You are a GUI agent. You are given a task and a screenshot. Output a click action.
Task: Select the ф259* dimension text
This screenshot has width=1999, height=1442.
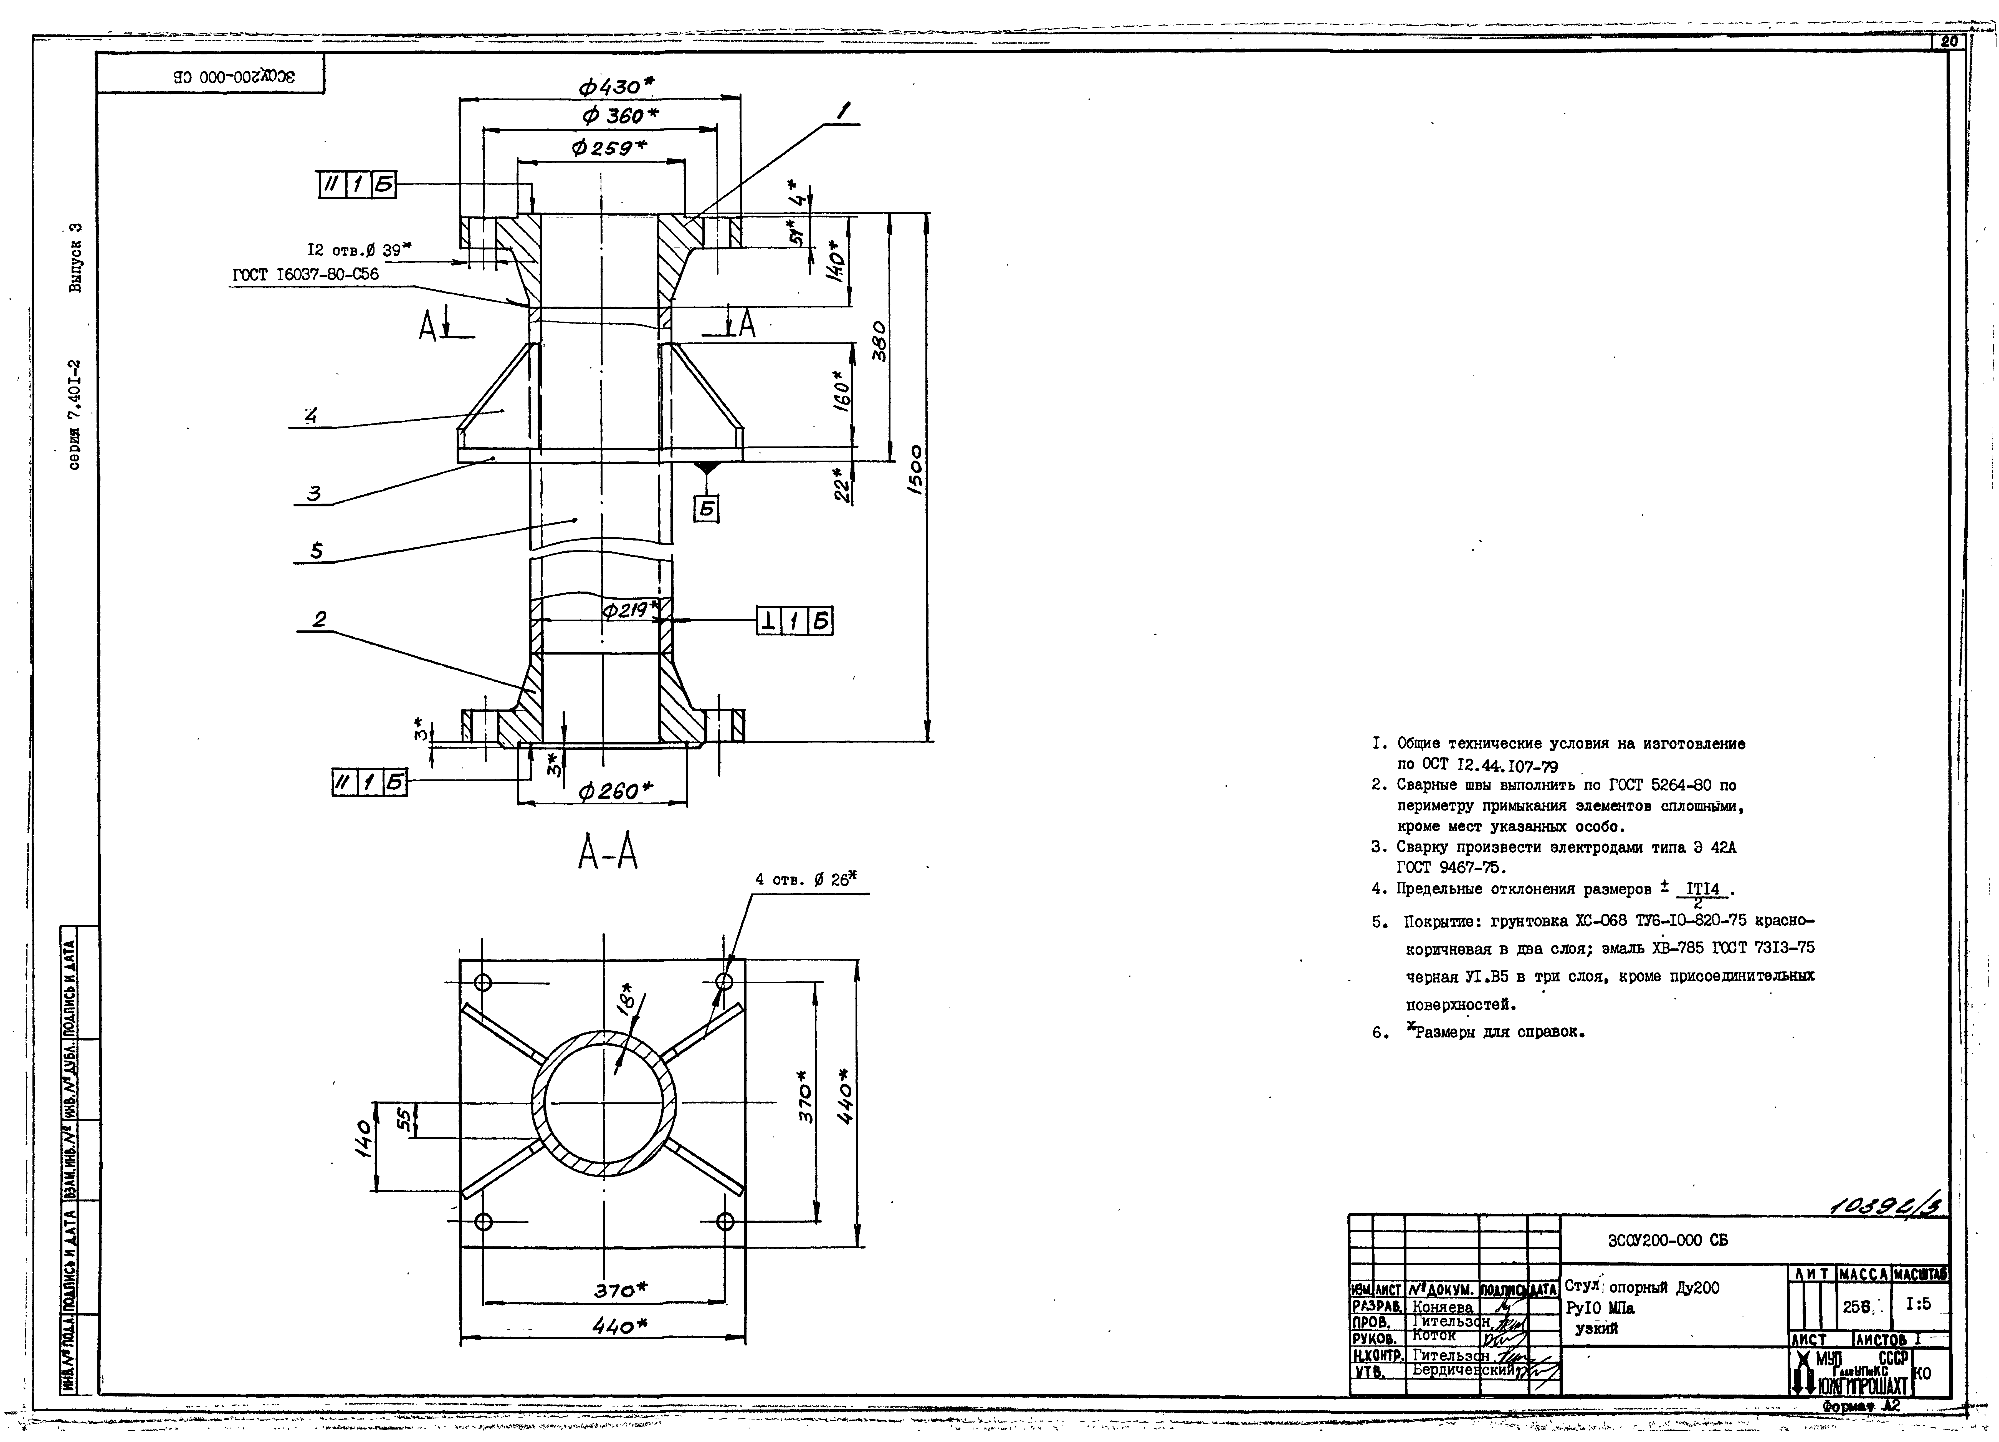608,148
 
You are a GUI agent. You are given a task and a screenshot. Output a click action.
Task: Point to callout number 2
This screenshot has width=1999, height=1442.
319,620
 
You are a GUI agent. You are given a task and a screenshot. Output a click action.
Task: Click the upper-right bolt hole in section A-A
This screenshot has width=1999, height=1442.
725,981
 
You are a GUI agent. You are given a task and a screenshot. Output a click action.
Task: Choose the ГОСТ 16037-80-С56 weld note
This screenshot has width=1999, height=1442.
305,274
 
